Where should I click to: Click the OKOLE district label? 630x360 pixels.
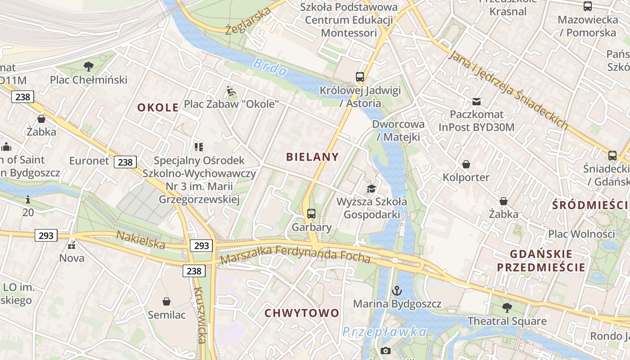coord(158,108)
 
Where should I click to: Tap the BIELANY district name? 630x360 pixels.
coord(312,157)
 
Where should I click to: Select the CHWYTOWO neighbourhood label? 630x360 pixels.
coord(301,313)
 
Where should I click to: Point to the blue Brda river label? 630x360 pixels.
coord(270,67)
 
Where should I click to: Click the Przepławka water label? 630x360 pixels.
coord(384,332)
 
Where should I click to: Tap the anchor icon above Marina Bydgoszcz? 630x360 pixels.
coord(396,291)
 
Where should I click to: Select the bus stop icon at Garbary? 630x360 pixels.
coord(311,214)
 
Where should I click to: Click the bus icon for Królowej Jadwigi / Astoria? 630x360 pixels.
coord(360,77)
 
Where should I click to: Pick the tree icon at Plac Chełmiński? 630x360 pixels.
coord(89,67)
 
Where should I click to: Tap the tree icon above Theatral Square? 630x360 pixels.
coord(507,308)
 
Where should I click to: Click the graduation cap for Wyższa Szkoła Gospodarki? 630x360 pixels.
coord(372,189)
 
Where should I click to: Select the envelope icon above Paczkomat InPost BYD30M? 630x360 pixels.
coord(476,102)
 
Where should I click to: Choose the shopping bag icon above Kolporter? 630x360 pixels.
coord(466,165)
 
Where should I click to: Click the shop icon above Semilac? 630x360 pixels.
coord(166,301)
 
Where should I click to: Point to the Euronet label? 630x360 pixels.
coord(89,161)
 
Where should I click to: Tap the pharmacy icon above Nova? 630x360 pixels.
coord(72,245)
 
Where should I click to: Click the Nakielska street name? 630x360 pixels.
coord(140,240)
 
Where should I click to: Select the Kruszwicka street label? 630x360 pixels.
coord(199,315)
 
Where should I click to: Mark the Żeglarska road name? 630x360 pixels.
coord(248,22)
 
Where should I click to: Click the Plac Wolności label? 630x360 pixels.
coord(581,234)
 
